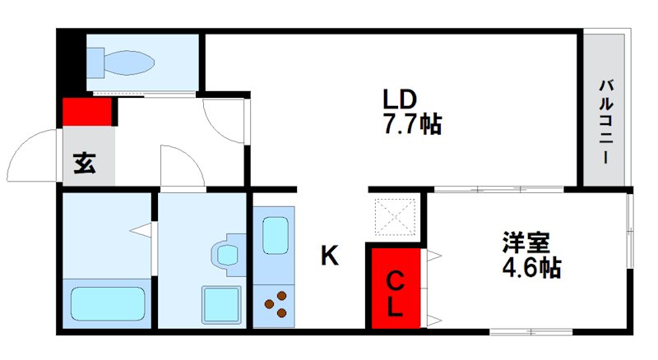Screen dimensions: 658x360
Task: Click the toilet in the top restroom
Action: click(120, 62)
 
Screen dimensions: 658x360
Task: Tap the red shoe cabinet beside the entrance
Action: click(87, 111)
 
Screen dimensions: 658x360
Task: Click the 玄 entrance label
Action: click(85, 164)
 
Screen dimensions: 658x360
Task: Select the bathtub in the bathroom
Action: click(108, 303)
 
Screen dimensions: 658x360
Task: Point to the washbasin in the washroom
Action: click(228, 255)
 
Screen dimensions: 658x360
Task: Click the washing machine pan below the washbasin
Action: click(221, 305)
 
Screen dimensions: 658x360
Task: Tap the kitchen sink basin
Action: click(276, 235)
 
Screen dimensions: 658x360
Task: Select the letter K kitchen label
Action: click(330, 255)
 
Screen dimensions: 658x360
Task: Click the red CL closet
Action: click(396, 288)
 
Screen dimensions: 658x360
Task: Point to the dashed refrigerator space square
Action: click(396, 216)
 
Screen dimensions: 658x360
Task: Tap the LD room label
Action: click(400, 99)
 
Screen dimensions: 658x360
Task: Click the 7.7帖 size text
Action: click(413, 124)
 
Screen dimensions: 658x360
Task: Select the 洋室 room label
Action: click(526, 242)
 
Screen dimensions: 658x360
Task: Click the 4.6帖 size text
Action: click(531, 266)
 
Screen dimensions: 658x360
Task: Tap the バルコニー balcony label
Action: click(605, 121)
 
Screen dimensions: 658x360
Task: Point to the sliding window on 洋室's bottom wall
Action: click(531, 332)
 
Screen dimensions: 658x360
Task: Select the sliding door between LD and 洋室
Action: click(499, 190)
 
